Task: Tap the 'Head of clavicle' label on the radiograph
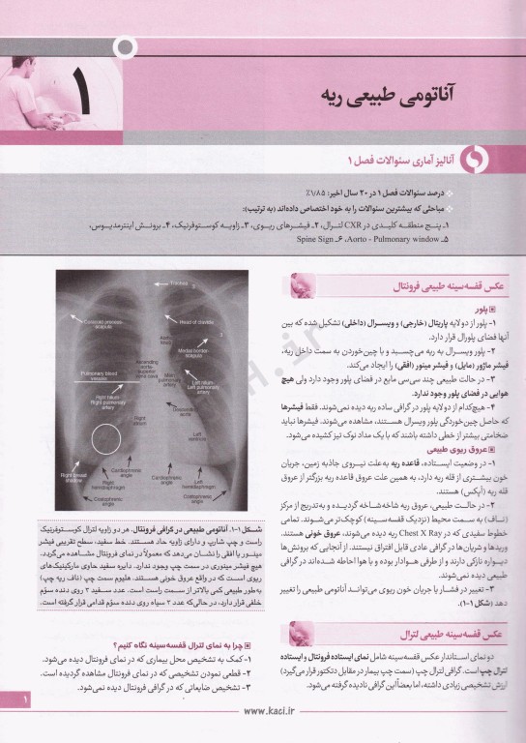pyautogui.click(x=193, y=320)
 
